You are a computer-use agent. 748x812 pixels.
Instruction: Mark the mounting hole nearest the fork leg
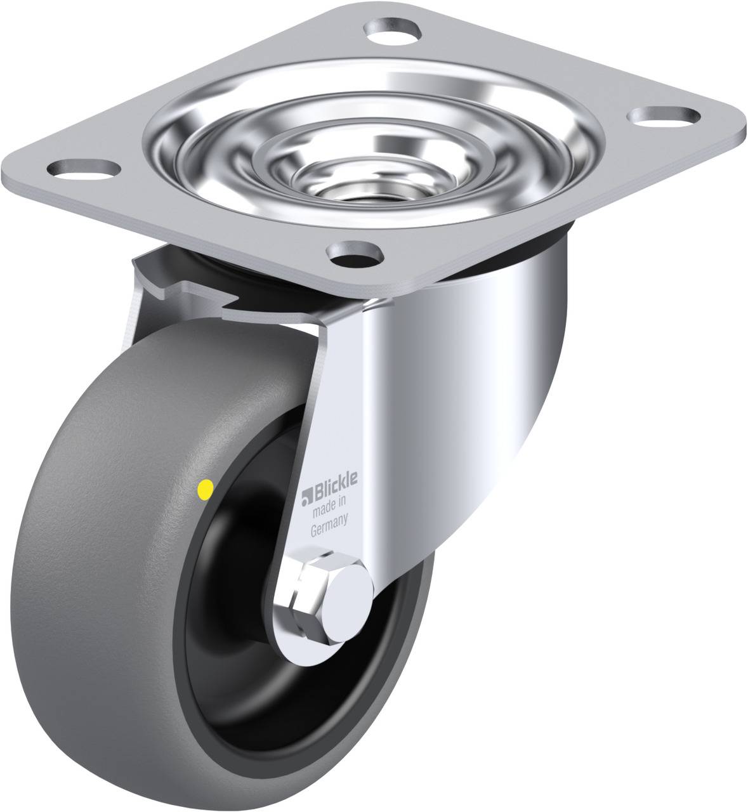(353, 256)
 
